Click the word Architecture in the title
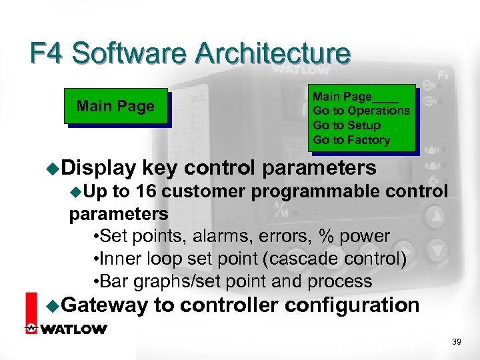(x=275, y=53)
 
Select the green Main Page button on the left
(x=115, y=106)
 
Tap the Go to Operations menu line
(x=361, y=111)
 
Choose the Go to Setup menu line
(x=347, y=125)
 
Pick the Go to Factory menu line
(x=351, y=140)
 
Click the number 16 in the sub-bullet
(x=147, y=192)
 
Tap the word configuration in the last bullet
(x=353, y=305)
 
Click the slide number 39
(x=457, y=341)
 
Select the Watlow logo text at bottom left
(x=73, y=329)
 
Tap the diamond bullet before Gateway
(x=54, y=306)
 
